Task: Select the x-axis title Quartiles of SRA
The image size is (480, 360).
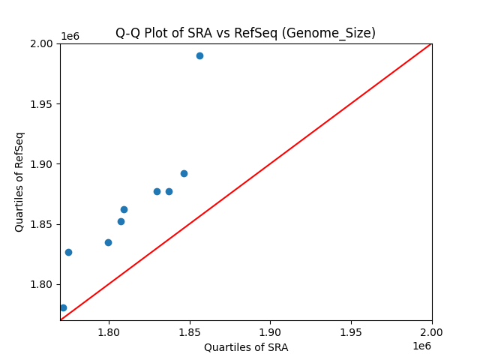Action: click(x=246, y=347)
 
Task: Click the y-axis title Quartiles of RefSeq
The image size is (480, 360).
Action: click(x=19, y=181)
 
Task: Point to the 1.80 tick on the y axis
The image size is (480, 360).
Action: click(x=42, y=284)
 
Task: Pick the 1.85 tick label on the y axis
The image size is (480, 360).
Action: click(x=42, y=224)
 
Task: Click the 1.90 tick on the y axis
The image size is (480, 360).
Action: click(x=42, y=164)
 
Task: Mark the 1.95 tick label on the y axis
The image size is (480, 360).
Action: click(x=42, y=103)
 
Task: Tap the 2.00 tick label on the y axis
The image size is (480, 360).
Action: click(x=42, y=43)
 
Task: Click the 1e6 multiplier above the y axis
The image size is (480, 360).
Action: click(x=70, y=36)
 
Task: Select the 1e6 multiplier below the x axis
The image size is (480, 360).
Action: click(x=421, y=346)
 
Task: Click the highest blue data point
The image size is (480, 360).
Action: click(x=199, y=55)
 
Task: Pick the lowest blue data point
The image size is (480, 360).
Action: click(x=63, y=307)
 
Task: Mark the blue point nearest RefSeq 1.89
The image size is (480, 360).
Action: click(x=184, y=173)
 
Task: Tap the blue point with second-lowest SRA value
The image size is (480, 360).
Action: click(x=68, y=252)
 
